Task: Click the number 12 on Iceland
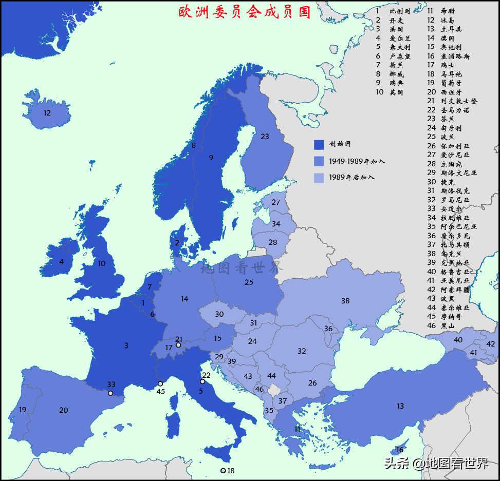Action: (47, 113)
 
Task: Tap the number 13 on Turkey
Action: (400, 407)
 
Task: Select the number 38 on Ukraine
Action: (345, 301)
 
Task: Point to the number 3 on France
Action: (126, 345)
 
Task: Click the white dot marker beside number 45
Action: (160, 383)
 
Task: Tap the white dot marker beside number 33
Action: (110, 393)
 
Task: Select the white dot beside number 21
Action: (178, 345)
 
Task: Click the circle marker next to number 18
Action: (223, 471)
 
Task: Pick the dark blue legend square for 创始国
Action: (319, 145)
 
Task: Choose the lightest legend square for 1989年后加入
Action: (319, 178)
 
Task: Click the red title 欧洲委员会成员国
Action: (245, 12)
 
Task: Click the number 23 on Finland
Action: (265, 137)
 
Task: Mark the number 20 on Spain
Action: (63, 410)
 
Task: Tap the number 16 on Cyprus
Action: (400, 450)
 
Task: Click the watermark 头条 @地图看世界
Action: (436, 464)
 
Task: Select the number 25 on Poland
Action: (249, 282)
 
